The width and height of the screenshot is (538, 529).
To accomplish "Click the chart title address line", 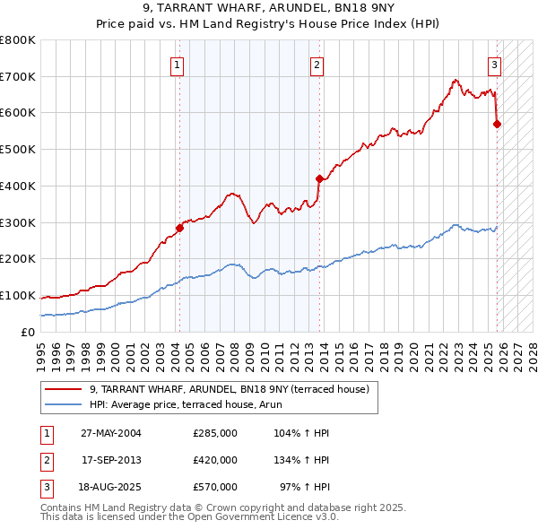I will [268, 9].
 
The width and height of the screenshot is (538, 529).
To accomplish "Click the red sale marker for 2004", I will [179, 228].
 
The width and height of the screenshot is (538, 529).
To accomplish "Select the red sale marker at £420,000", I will [319, 178].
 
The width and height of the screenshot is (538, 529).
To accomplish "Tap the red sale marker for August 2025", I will [497, 124].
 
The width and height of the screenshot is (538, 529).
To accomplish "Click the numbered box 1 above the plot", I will [178, 65].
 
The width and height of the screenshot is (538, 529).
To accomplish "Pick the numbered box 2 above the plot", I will [317, 65].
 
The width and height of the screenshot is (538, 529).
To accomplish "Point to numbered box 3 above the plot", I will [494, 65].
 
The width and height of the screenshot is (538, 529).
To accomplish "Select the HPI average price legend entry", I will [186, 404].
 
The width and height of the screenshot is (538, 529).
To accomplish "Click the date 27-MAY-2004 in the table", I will [111, 433].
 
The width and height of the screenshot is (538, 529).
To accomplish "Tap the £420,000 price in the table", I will [215, 460].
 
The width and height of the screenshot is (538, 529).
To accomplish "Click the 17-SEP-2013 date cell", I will [111, 460].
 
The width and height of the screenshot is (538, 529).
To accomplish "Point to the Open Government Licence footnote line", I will [190, 517].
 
